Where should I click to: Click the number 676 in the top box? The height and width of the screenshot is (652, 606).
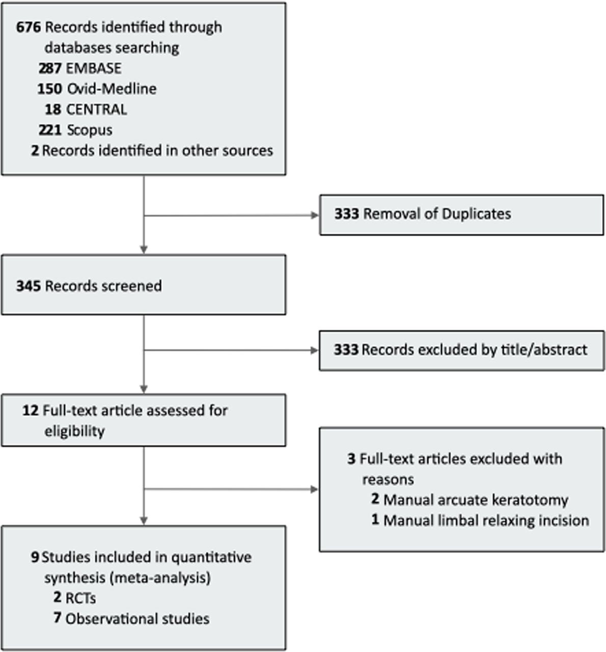click(x=29, y=27)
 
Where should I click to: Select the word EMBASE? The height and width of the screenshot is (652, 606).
click(x=94, y=68)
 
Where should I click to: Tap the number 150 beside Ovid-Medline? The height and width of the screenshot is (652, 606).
click(x=49, y=89)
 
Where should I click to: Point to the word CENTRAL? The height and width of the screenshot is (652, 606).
click(x=97, y=110)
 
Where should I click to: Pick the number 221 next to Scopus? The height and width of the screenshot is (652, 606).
click(x=50, y=130)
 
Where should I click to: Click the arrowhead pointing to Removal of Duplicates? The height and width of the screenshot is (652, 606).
click(x=315, y=215)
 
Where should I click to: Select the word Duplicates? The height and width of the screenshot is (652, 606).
click(x=476, y=214)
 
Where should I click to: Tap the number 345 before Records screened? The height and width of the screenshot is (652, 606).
click(x=29, y=286)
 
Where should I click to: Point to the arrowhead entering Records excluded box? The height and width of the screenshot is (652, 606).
click(x=315, y=350)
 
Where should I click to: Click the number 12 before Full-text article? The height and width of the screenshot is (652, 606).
click(x=31, y=411)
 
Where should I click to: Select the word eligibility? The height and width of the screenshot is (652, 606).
click(x=74, y=431)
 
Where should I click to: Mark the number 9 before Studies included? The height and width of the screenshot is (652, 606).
click(x=35, y=557)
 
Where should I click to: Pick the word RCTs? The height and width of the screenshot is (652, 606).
click(x=81, y=599)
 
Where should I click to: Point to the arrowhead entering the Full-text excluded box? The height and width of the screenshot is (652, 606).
click(x=315, y=490)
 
